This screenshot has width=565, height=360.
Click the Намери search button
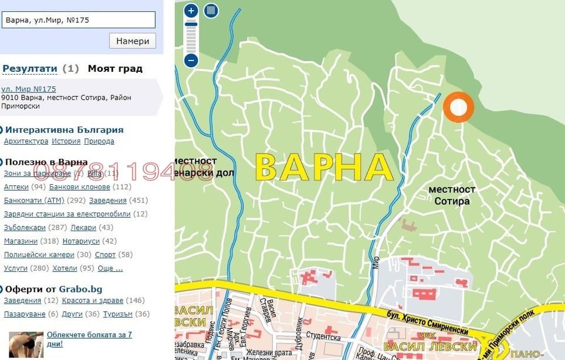132,41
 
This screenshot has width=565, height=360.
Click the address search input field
78,20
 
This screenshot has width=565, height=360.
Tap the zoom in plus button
191,11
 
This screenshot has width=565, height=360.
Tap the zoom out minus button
191,60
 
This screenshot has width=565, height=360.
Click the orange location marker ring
458,107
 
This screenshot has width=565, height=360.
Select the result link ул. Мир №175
29,89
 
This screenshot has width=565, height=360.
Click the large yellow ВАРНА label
324,167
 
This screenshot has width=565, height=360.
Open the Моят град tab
115,69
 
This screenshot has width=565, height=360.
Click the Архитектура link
26,141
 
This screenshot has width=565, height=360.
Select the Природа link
99,141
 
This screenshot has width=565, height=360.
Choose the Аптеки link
16,187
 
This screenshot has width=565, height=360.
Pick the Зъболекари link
24,228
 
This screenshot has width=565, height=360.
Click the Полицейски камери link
39,255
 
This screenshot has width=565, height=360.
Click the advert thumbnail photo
26,344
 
